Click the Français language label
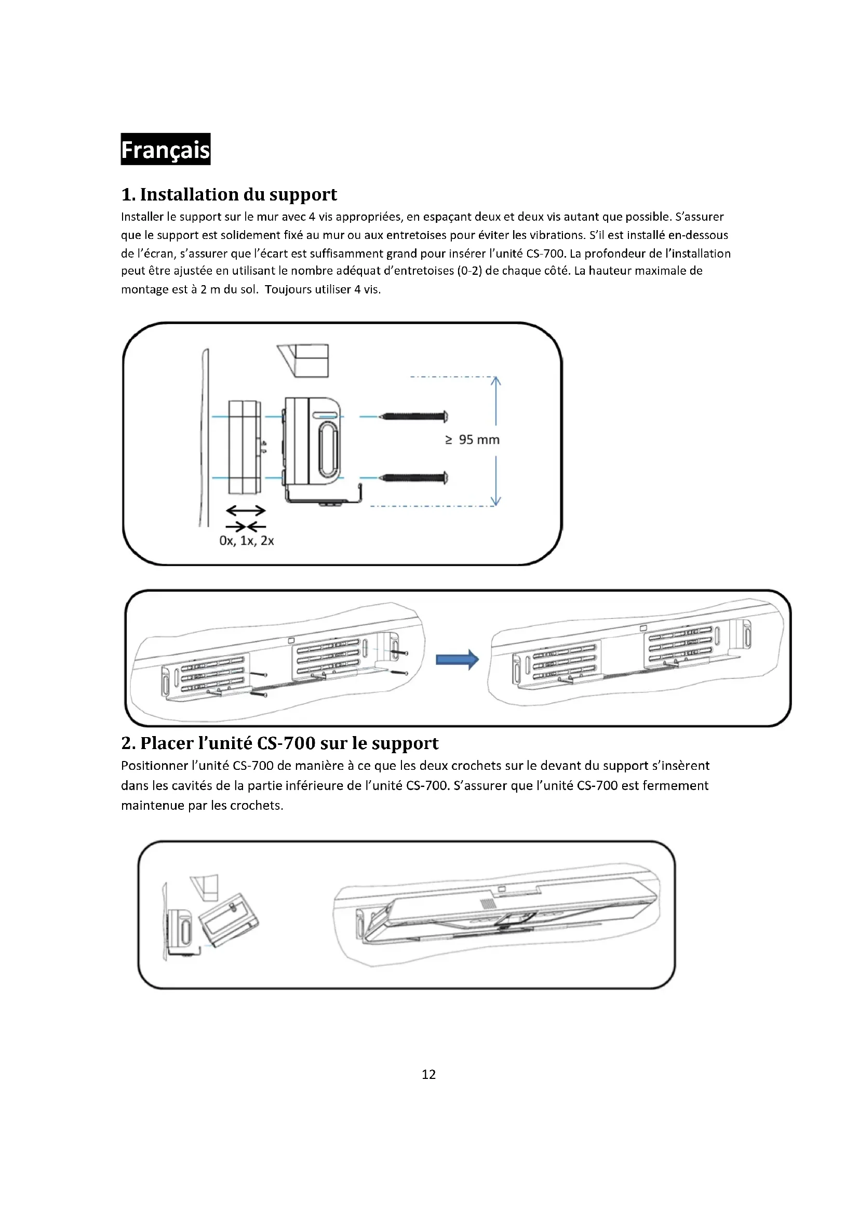(x=165, y=149)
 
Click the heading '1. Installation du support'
(x=229, y=194)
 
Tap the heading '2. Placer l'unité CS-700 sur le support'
(x=279, y=743)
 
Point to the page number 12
(x=428, y=1074)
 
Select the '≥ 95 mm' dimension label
(x=472, y=440)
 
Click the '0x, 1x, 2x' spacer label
(x=247, y=541)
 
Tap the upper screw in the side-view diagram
(x=414, y=417)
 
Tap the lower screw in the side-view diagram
(x=414, y=478)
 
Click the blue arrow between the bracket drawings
(x=457, y=659)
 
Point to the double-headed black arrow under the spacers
(x=246, y=511)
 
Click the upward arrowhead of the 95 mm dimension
(x=495, y=380)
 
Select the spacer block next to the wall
(x=244, y=447)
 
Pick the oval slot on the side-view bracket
(x=327, y=447)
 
